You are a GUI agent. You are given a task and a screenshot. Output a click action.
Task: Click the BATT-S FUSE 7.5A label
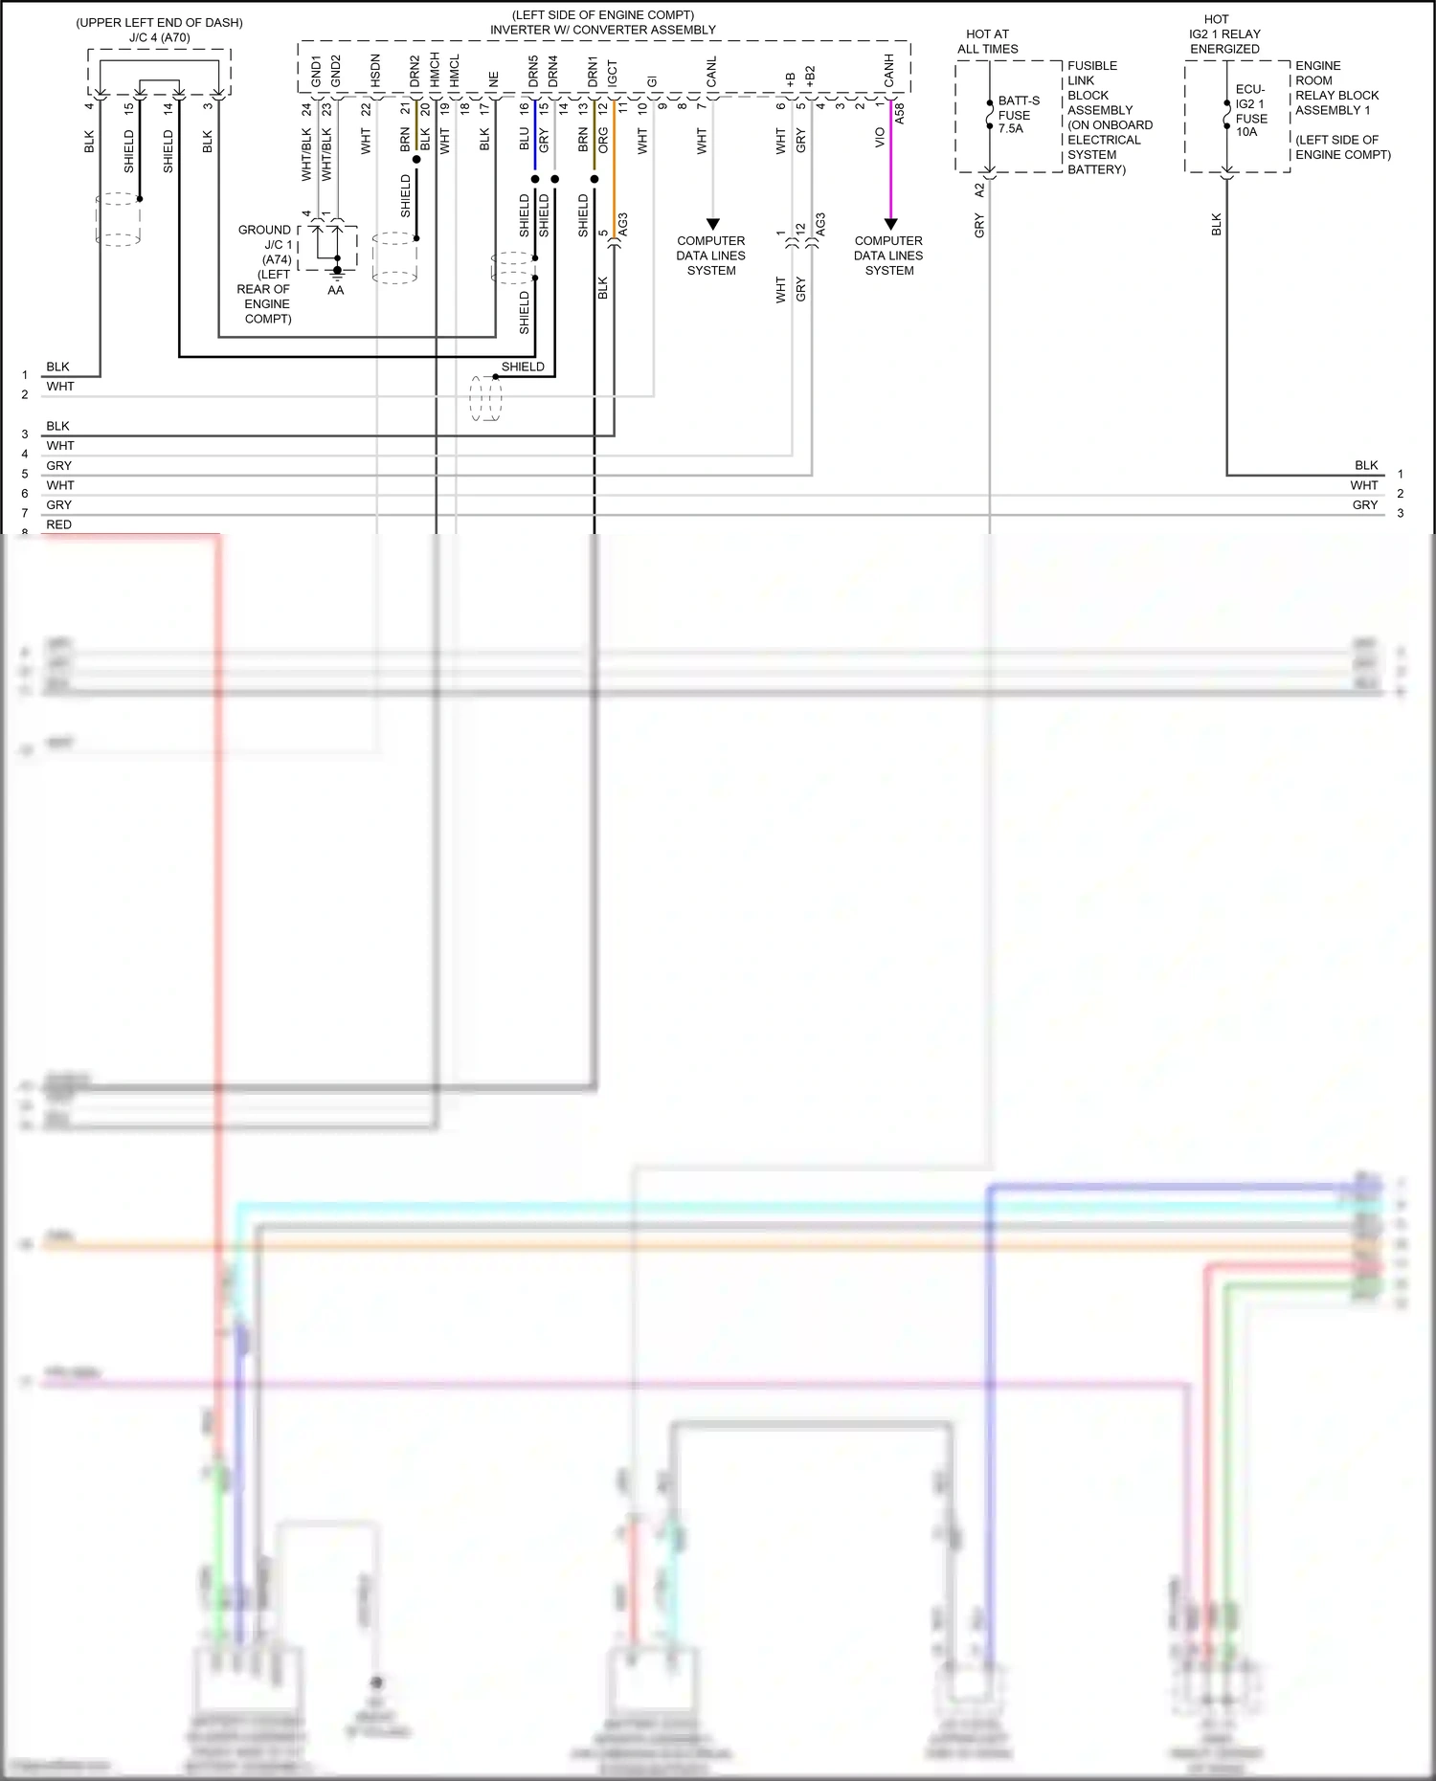(1018, 114)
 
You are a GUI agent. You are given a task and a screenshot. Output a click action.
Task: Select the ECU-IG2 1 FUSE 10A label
(1250, 111)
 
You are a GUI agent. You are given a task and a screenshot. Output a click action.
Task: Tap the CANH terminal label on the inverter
(889, 70)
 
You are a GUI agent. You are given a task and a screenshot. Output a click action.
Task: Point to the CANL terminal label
(711, 72)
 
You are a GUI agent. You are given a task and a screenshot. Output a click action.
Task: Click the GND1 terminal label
(316, 71)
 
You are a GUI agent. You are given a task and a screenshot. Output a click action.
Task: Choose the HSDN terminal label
(375, 71)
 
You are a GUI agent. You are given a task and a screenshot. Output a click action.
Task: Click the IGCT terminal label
(613, 73)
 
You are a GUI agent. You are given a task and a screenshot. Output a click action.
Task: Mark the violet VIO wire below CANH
(890, 163)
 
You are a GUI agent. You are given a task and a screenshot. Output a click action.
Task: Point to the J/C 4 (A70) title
(159, 37)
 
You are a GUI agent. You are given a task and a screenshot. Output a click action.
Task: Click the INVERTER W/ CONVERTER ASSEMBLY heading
(602, 30)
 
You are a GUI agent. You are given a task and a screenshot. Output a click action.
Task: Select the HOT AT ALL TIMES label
(987, 41)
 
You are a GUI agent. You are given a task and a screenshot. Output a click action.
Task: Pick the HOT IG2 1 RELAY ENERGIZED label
(1224, 33)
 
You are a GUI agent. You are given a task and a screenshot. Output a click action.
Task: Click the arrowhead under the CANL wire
(712, 224)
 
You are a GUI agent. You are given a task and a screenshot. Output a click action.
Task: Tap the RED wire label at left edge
(58, 524)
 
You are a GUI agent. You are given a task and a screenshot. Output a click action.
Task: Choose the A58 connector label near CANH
(899, 114)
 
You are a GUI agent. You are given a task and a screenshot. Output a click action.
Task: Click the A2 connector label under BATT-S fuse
(978, 190)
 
